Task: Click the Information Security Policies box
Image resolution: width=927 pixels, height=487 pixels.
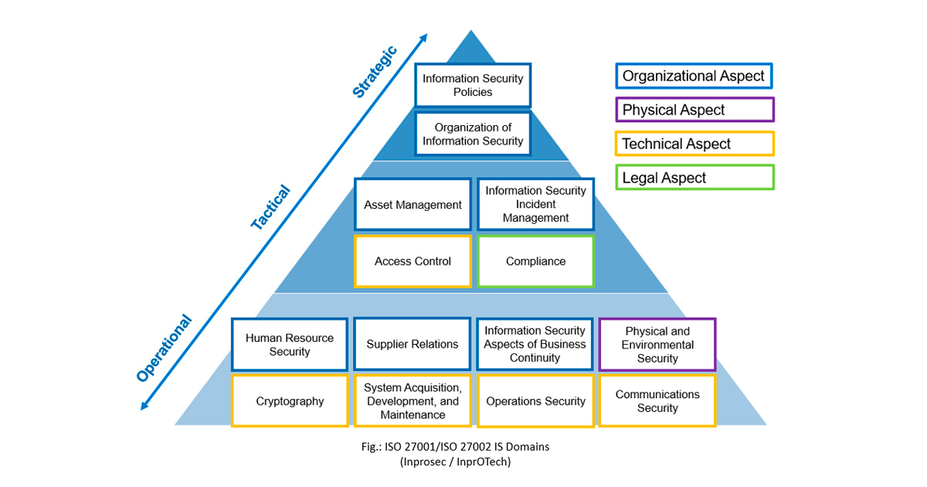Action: click(x=473, y=85)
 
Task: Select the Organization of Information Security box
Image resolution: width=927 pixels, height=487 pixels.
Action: click(x=473, y=135)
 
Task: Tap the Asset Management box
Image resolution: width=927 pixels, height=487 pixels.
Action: click(x=413, y=205)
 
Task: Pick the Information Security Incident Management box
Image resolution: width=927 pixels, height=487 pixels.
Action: click(x=535, y=205)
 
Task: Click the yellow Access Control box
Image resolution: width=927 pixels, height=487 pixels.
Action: click(x=413, y=261)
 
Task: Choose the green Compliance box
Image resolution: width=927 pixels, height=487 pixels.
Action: click(x=535, y=261)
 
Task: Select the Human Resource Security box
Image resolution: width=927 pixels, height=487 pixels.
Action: click(x=290, y=345)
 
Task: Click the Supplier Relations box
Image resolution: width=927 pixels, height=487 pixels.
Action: click(x=413, y=344)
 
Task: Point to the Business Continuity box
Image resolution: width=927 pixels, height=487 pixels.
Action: click(x=535, y=344)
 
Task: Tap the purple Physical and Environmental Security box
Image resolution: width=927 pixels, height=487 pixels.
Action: click(x=657, y=345)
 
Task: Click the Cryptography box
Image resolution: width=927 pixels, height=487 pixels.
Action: click(x=290, y=401)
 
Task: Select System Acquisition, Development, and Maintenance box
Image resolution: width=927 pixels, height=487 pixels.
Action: click(x=413, y=401)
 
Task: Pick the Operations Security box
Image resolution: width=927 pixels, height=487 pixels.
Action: click(x=535, y=401)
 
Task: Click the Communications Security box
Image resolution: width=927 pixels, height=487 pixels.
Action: click(x=657, y=401)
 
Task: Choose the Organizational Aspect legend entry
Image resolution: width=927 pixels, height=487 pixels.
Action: click(x=694, y=76)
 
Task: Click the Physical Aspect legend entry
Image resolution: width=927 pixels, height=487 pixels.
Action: click(x=694, y=110)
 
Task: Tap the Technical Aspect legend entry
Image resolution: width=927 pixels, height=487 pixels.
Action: click(x=694, y=144)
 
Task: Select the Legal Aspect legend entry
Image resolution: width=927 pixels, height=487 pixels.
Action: click(x=694, y=178)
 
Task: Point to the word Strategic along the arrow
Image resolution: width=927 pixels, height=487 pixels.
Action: click(x=375, y=72)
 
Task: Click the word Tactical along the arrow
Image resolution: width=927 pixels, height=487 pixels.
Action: click(x=270, y=207)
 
